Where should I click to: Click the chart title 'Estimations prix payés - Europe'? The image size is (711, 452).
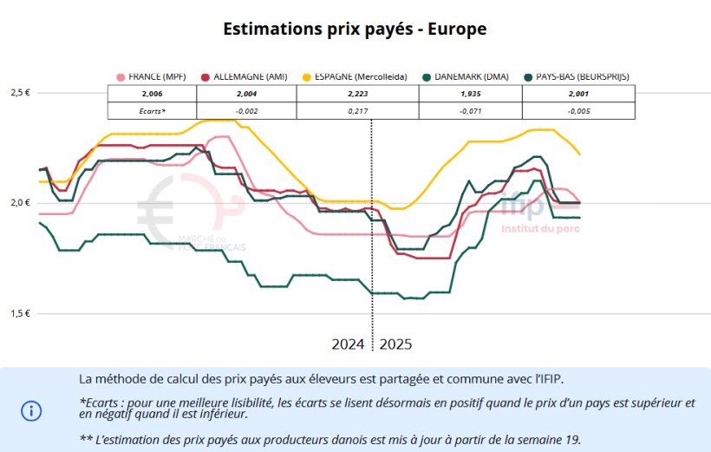[x=355, y=29]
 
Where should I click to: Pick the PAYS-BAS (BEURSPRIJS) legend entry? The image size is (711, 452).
[x=580, y=76]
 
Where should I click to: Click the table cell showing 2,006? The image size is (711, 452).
[x=152, y=94]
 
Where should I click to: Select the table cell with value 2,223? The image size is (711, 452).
[x=357, y=94]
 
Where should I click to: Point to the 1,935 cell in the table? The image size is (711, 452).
[x=469, y=94]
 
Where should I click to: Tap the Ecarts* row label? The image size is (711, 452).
[x=152, y=110]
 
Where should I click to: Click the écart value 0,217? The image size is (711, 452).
[x=357, y=110]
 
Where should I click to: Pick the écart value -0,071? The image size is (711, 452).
[x=469, y=110]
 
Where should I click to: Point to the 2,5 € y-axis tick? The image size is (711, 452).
[x=20, y=93]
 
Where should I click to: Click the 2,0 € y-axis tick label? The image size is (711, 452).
[x=20, y=203]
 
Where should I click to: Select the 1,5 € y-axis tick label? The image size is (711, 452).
[x=20, y=313]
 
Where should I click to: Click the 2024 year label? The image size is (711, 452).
[x=348, y=344]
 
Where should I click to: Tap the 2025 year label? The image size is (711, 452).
[x=395, y=344]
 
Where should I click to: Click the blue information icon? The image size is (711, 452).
[x=31, y=409]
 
